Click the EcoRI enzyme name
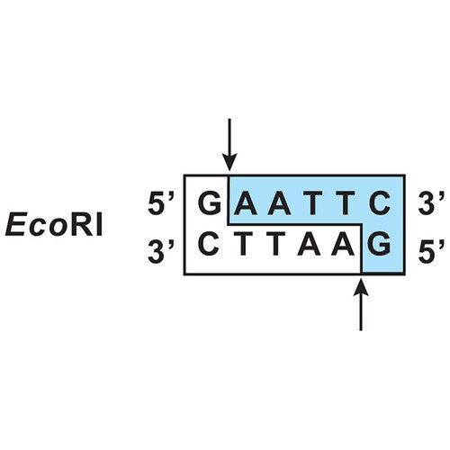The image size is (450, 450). click(54, 224)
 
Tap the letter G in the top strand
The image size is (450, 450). click(210, 203)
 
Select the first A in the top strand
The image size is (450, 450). click(246, 203)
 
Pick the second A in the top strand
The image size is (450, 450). click(279, 203)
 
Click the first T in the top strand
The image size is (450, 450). click(312, 203)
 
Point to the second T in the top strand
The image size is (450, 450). click(345, 203)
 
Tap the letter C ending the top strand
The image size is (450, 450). click(380, 203)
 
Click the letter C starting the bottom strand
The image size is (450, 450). click(210, 244)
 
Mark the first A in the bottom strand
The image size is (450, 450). click(309, 244)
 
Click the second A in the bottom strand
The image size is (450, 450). click(343, 244)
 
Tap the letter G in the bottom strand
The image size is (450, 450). click(380, 244)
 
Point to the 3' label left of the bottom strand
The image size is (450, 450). click(161, 251)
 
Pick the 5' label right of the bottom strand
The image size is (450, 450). click(431, 251)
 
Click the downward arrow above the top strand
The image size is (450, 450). click(229, 145)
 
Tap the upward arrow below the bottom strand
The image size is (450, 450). click(361, 305)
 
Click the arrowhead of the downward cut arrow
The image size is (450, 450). click(229, 163)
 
